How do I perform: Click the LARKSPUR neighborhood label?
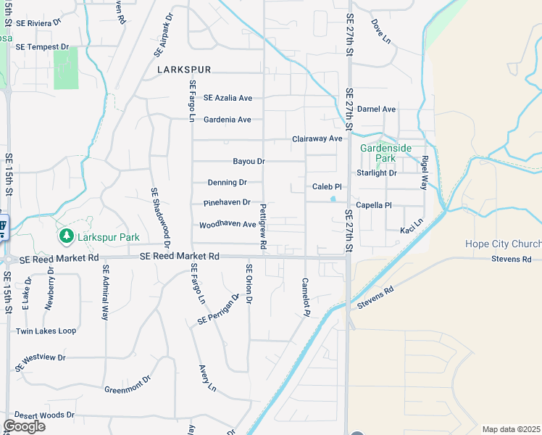[184, 70]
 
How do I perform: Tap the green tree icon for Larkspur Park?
[66, 236]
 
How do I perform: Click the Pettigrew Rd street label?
[262, 228]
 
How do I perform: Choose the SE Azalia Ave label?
[228, 97]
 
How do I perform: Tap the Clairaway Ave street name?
[317, 138]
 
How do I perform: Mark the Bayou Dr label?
[249, 161]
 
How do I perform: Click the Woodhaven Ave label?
[228, 225]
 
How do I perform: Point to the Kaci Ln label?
[411, 230]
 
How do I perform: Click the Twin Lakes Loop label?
[46, 331]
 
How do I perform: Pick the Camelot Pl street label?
[305, 297]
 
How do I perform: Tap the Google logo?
[23, 426]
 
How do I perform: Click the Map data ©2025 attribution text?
[511, 429]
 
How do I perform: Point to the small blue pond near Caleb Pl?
[333, 199]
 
